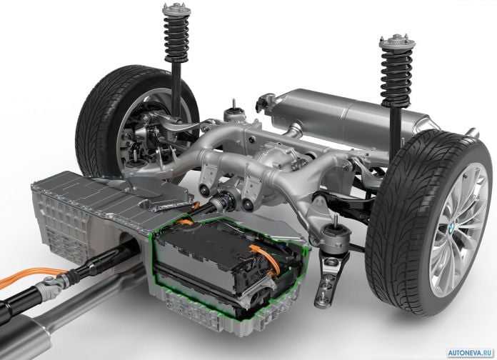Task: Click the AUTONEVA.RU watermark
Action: [471, 353]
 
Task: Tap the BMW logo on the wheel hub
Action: [452, 227]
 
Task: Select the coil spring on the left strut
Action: [176, 36]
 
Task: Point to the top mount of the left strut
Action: [175, 9]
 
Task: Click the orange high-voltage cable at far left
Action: [31, 275]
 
